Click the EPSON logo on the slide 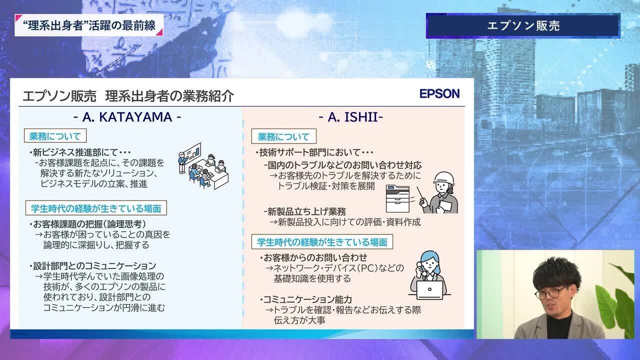point(439,93)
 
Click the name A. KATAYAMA point(127,117)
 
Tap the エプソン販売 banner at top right point(523,25)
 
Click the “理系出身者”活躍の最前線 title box point(89,25)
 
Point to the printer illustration point(397,198)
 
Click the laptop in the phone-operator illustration point(429,290)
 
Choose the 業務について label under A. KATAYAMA point(55,136)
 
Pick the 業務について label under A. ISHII point(283,136)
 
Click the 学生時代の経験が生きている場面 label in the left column point(96,208)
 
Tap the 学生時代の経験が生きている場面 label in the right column point(322,241)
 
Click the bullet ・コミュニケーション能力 point(305,299)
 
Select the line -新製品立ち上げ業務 point(305,211)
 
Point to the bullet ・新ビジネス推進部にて point(80,152)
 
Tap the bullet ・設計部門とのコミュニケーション point(92,265)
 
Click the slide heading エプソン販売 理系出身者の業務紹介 point(128,95)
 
